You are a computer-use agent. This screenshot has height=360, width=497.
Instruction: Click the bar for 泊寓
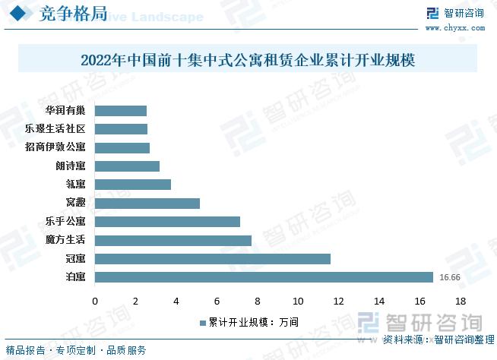[264, 277]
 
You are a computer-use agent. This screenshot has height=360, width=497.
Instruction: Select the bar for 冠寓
[213, 258]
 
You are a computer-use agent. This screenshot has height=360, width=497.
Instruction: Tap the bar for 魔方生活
[173, 240]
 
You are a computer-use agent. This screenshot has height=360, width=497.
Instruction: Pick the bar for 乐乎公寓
[167, 222]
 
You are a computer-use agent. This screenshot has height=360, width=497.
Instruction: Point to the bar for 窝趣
[147, 203]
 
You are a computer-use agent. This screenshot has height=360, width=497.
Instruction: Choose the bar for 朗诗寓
[127, 166]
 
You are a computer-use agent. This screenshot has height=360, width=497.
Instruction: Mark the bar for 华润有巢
[121, 111]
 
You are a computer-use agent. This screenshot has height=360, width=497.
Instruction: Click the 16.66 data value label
[451, 277]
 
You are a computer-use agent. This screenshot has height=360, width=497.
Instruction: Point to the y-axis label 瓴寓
[75, 185]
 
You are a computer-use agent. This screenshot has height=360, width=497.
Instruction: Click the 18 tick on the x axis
[460, 302]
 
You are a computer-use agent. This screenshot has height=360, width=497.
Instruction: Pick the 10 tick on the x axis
[298, 302]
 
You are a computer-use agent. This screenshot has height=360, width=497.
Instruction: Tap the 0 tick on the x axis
[95, 302]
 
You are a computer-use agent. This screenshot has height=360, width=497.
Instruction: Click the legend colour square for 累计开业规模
[202, 322]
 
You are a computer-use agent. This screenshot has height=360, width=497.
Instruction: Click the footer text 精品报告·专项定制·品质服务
[76, 350]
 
